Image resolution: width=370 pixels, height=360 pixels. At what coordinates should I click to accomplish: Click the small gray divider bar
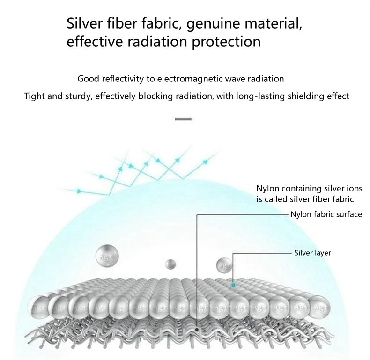point(183,119)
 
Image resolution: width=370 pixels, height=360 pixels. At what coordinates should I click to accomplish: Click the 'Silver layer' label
point(312,253)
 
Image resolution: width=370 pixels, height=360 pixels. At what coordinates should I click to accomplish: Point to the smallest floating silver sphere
point(170,264)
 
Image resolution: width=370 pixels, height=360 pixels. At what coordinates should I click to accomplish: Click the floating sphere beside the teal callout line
point(223,265)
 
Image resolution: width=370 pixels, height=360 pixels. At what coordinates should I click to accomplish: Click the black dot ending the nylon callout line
point(197,330)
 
